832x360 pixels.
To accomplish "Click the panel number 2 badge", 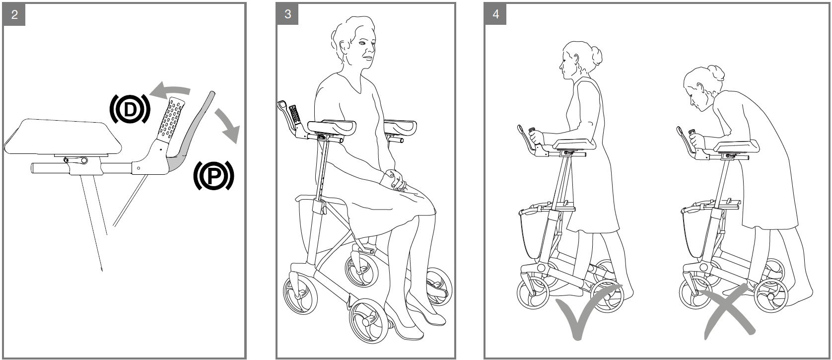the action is (x=14, y=15).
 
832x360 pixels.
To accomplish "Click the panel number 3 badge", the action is (x=287, y=14).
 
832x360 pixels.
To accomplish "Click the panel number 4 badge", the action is (x=495, y=14).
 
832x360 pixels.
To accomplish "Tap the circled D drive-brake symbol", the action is (x=130, y=109).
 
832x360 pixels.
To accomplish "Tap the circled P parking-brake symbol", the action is (x=214, y=176).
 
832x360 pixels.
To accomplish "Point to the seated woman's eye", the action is (x=362, y=43).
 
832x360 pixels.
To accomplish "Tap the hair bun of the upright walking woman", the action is (x=596, y=56).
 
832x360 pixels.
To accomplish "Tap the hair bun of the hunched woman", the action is (x=716, y=72).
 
